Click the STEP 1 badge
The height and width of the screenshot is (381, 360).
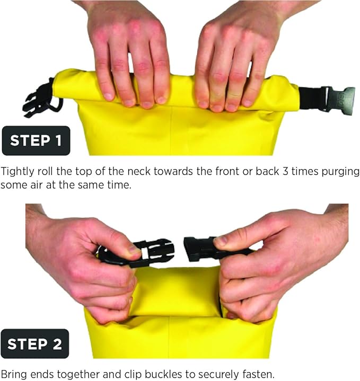pos(36,140)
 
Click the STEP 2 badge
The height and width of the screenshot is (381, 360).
pos(35,344)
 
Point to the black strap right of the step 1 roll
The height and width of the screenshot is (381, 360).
pos(310,98)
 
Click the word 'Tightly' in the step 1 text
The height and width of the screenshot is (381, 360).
pos(16,172)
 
